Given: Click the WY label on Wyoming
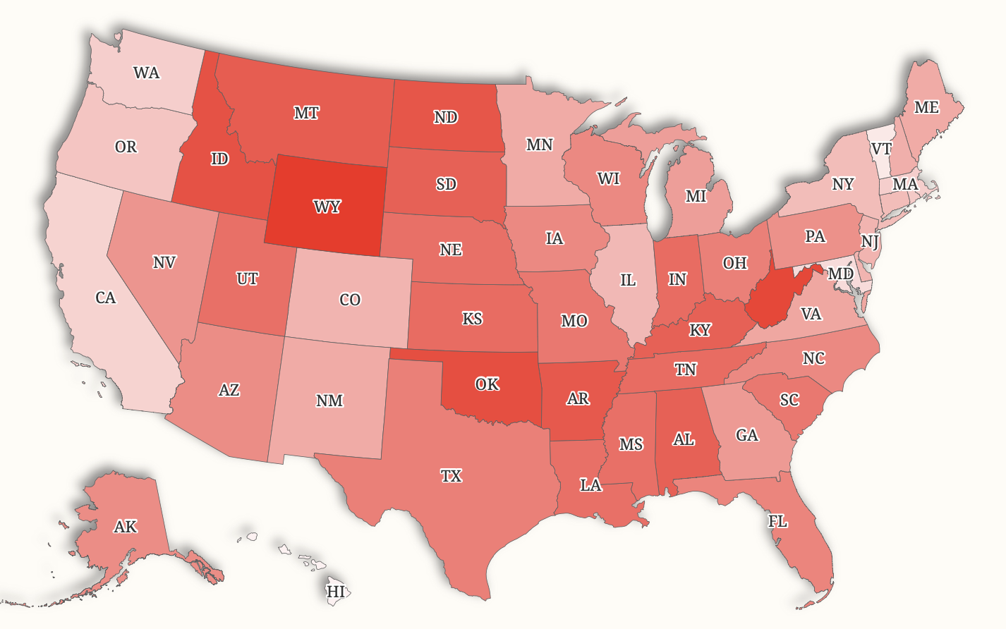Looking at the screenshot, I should point(327,207).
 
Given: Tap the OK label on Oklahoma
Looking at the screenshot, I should point(487,384).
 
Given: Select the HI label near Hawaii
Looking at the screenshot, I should point(336,591).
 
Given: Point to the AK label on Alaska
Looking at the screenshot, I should point(126,527).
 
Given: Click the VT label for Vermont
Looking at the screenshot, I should point(881,149).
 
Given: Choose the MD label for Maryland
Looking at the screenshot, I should point(840,274).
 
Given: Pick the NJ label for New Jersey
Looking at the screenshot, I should point(870,242).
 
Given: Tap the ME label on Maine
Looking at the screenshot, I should point(926,107).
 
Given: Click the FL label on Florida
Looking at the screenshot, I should point(777,522).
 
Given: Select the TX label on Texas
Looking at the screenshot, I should point(452,476).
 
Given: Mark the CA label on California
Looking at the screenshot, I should point(106,298).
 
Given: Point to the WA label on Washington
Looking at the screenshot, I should point(146,73).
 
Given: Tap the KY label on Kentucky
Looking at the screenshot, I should point(700,330).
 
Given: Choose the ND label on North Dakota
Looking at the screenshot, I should point(445,117).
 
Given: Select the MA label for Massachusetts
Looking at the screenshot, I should point(905,185).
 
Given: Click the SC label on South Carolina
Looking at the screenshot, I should point(789,401).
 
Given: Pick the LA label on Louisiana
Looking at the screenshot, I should point(590,485).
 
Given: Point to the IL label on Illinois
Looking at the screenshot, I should point(628,280).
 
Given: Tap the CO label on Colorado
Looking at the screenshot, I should point(350,300).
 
